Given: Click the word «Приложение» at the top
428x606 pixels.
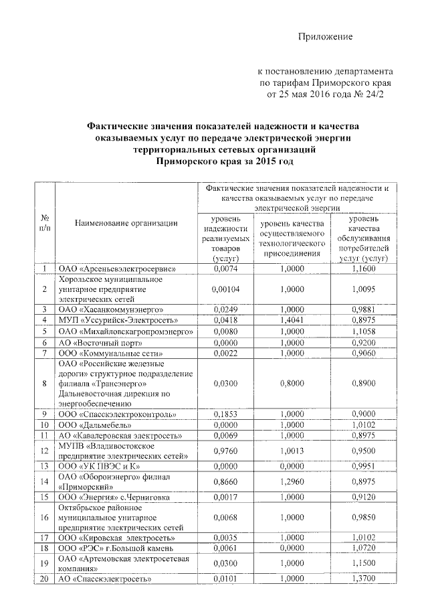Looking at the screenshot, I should click(x=325, y=36).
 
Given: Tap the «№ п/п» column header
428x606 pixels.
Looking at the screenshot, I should click(x=45, y=223).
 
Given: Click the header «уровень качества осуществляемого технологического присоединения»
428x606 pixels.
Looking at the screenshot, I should click(x=292, y=238).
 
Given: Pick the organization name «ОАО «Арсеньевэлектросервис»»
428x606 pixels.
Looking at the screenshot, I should click(x=117, y=269).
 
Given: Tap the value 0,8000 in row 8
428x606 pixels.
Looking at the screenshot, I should click(x=292, y=383).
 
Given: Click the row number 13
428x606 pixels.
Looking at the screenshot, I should click(x=45, y=465).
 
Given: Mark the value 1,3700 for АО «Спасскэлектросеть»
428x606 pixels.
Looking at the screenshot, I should click(x=364, y=579).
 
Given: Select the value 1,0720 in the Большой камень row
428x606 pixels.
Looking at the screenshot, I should click(x=364, y=547).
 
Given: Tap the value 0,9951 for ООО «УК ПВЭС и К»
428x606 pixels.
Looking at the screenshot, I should click(x=364, y=465).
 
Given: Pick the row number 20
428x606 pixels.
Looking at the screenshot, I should click(x=45, y=579).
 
